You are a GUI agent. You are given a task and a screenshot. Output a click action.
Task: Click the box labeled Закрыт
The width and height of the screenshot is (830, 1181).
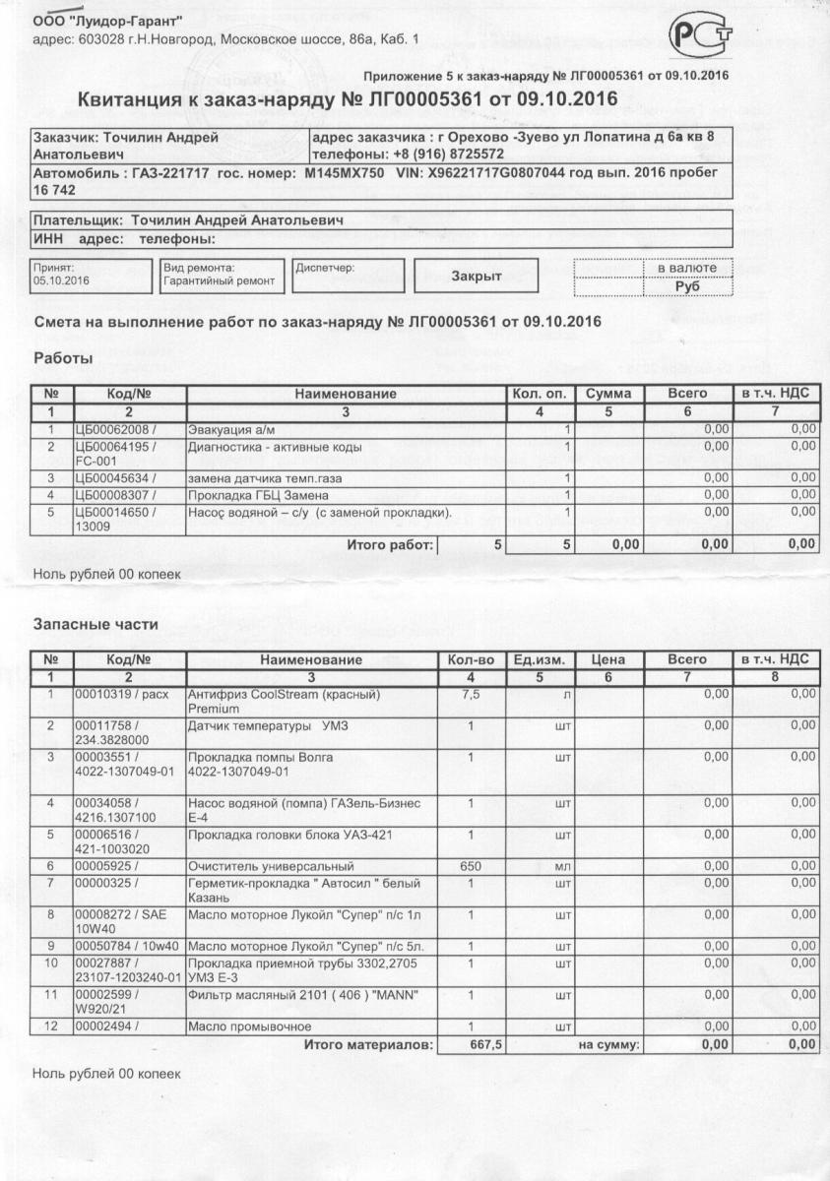click(476, 277)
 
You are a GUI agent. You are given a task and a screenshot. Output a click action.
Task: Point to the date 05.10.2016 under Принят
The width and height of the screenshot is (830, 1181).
click(61, 281)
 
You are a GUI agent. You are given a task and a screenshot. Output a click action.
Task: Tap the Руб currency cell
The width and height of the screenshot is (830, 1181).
click(688, 286)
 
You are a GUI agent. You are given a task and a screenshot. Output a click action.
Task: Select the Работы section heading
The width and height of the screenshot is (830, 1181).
click(63, 358)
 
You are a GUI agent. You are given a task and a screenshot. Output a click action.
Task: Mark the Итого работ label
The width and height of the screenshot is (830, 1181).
click(390, 543)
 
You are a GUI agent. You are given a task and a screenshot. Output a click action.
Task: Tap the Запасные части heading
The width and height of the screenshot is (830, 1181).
click(96, 624)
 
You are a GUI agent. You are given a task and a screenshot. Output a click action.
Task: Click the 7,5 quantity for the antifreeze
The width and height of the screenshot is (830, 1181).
click(471, 694)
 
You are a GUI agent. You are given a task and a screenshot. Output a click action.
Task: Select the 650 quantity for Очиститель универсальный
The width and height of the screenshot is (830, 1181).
click(471, 866)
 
